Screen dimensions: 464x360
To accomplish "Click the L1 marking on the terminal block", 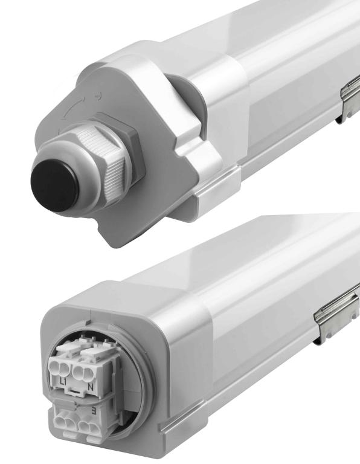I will tap(63, 382).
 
